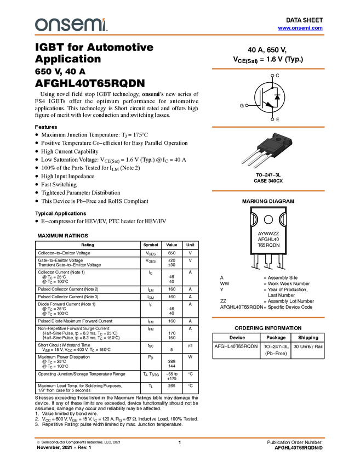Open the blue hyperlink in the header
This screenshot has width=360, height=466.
[x=300, y=28]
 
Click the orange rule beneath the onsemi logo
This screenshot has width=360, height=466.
[x=180, y=35]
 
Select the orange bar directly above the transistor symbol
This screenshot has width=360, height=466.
[x=268, y=69]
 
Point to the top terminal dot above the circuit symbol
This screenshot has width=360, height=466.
[x=272, y=75]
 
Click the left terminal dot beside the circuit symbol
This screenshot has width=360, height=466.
[x=247, y=105]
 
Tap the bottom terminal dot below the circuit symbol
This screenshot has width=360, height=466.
[x=272, y=118]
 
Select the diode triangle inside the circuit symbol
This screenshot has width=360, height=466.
[x=277, y=97]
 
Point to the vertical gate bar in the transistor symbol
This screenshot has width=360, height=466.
[x=262, y=97]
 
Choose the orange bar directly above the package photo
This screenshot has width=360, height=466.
[x=268, y=127]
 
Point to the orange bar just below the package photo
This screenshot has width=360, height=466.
[x=268, y=191]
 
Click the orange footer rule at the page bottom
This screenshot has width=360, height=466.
[x=180, y=438]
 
